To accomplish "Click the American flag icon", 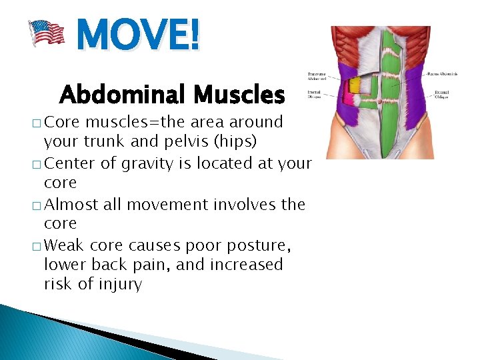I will click(47, 33).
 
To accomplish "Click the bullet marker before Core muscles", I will click(35, 123).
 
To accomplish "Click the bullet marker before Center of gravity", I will click(35, 164).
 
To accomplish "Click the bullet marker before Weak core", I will click(35, 245).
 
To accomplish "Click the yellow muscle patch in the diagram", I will click(355, 84).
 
